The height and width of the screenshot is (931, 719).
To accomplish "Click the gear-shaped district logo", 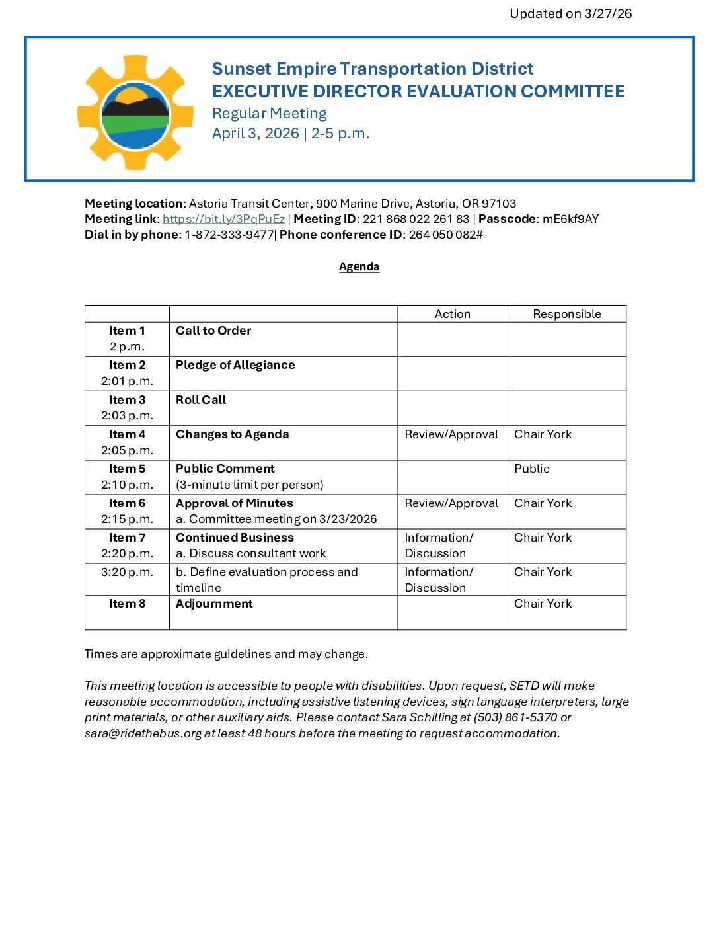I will pyautogui.click(x=135, y=112).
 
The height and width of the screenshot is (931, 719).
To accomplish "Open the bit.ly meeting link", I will pyautogui.click(x=223, y=219).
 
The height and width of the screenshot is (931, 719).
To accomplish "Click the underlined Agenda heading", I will pyautogui.click(x=359, y=266).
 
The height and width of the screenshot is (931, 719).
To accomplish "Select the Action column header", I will pyautogui.click(x=452, y=314).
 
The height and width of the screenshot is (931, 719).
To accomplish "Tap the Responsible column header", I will pyautogui.click(x=566, y=314).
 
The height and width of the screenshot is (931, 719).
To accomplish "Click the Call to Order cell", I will pyautogui.click(x=213, y=331).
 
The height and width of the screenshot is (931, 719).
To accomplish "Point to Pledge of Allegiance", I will pyautogui.click(x=235, y=365).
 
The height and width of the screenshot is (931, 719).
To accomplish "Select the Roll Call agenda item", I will pyautogui.click(x=201, y=400).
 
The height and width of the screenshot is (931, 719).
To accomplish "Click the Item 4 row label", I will pyautogui.click(x=127, y=434).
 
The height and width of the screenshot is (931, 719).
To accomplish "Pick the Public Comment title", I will pyautogui.click(x=225, y=469).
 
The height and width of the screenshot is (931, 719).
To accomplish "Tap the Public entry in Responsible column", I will pyautogui.click(x=531, y=469).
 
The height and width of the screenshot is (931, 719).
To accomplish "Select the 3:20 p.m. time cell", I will pyautogui.click(x=127, y=572).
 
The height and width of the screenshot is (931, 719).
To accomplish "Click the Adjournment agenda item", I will pyautogui.click(x=214, y=604).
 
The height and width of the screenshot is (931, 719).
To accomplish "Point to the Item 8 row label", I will pyautogui.click(x=127, y=604).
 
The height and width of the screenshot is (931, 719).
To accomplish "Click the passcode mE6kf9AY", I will pyautogui.click(x=570, y=219).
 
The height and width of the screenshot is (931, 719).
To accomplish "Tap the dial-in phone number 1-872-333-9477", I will pyautogui.click(x=229, y=235).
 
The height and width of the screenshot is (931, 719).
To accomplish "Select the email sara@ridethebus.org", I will pyautogui.click(x=143, y=733).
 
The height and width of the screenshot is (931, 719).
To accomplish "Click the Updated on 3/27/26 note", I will pyautogui.click(x=570, y=13).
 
